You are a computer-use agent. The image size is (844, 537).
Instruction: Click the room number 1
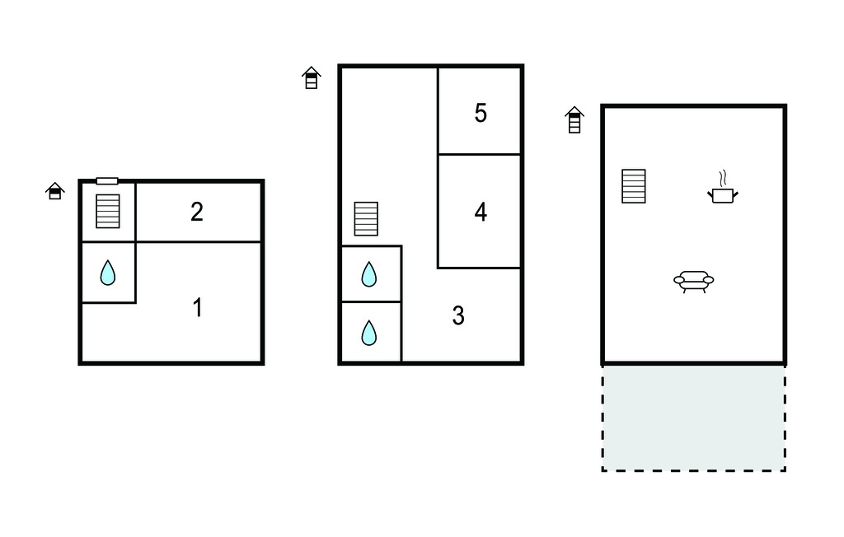(x=198, y=308)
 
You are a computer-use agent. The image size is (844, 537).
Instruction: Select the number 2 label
(x=197, y=212)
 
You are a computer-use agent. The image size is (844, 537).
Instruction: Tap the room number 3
(x=458, y=315)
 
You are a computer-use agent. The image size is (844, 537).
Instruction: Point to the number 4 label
(x=481, y=212)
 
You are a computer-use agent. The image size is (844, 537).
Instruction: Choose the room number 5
(x=481, y=113)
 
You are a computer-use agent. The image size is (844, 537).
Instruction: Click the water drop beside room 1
(x=108, y=273)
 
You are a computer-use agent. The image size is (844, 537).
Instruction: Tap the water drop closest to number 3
(x=368, y=333)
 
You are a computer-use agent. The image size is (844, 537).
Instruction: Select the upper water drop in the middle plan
(x=368, y=274)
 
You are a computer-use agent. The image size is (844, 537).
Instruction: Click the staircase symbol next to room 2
(x=108, y=211)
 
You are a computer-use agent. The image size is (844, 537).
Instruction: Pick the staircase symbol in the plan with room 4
(x=366, y=218)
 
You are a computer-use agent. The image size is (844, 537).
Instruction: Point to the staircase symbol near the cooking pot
(x=634, y=186)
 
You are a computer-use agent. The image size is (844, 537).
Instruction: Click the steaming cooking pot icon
(x=722, y=188)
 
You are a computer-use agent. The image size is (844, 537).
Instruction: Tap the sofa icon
(x=694, y=282)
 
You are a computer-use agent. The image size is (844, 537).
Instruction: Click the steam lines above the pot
(x=723, y=178)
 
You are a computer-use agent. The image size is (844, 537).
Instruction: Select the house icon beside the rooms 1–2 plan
(x=55, y=190)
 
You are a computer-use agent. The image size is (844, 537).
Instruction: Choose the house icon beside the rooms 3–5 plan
(x=311, y=77)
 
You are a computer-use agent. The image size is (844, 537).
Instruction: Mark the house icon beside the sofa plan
(x=574, y=119)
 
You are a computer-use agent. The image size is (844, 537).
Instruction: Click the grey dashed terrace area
(x=693, y=418)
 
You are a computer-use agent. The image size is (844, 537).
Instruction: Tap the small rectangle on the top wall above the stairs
(x=107, y=181)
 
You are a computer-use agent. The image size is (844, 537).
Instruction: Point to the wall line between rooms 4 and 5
(x=479, y=154)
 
